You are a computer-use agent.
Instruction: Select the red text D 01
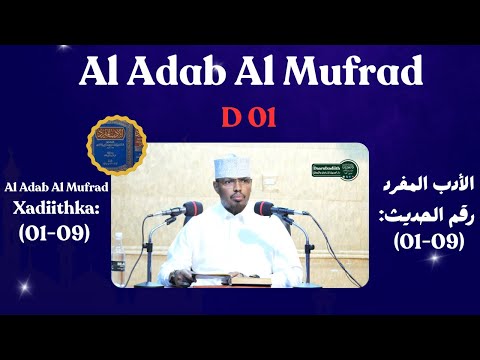click(x=240, y=119)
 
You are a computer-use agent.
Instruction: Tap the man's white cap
click(x=231, y=164)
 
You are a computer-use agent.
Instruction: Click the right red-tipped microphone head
click(x=265, y=208)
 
